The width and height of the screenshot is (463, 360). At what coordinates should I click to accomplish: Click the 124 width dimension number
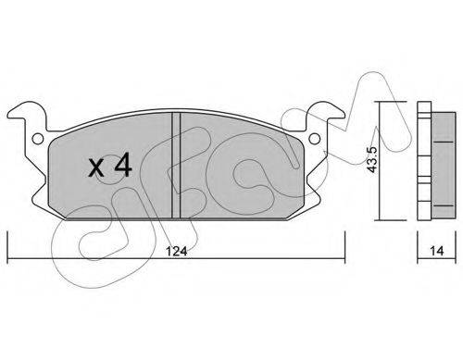177,252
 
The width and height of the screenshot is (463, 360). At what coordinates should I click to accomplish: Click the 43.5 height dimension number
372,159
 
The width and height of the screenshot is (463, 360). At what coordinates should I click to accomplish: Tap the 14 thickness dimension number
437,251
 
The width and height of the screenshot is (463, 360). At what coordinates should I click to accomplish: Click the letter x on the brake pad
96,168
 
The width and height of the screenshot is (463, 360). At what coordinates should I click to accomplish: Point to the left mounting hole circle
38,139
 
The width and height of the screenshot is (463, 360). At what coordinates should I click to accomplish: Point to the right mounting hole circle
314,139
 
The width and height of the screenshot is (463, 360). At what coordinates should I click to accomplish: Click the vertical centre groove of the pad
176,166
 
